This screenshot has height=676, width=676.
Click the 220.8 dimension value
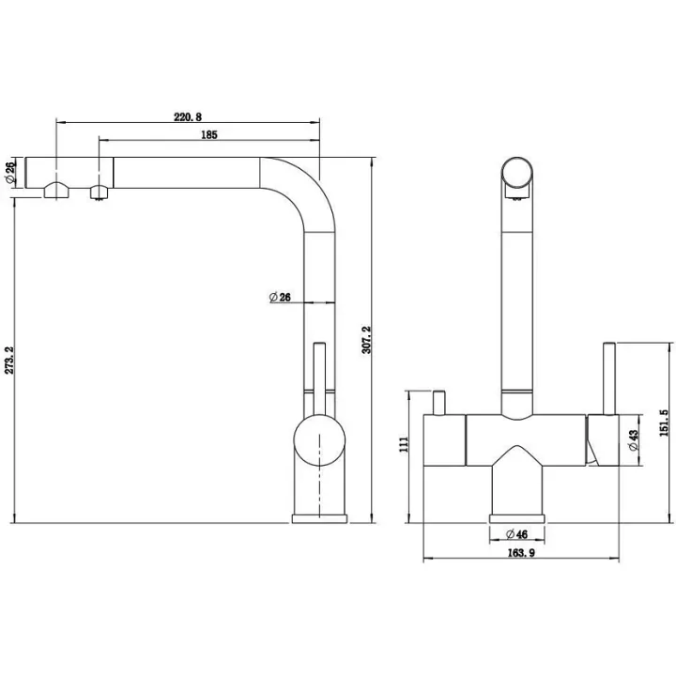[188, 116]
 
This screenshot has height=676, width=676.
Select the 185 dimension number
[209, 135]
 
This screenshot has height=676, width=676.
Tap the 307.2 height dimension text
[366, 340]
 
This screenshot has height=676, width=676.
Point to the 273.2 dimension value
[9, 361]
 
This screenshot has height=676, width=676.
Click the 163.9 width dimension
[521, 553]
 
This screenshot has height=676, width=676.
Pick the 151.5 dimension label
[664, 422]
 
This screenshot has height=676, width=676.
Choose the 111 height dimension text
[404, 444]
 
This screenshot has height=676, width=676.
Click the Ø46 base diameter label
[516, 534]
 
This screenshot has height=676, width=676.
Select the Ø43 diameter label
[634, 440]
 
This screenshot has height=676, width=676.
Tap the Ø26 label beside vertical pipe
[280, 297]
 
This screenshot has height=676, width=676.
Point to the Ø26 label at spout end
[11, 172]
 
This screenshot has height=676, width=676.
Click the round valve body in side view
[319, 440]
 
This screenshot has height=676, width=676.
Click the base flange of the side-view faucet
[319, 518]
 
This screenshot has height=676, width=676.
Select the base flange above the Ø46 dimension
[517, 518]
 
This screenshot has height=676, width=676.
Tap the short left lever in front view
[438, 403]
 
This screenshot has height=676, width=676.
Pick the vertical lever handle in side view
[319, 379]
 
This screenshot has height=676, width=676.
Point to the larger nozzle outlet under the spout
[56, 190]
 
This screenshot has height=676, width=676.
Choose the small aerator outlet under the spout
[99, 192]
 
